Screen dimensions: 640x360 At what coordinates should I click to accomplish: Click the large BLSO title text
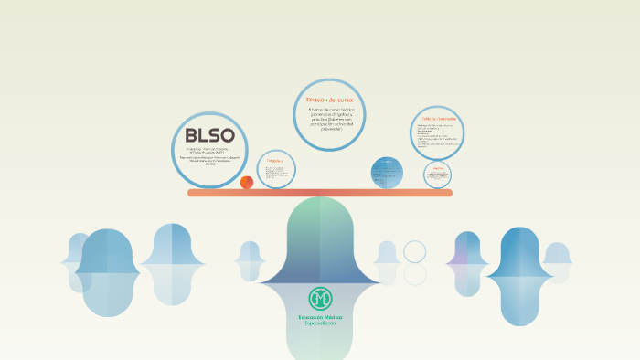[x=209, y=133]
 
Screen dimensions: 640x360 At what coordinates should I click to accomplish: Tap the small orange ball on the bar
[x=247, y=182]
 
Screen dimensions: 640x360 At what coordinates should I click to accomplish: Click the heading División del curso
[x=328, y=98]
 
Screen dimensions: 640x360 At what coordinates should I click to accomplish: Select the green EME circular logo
[x=319, y=298]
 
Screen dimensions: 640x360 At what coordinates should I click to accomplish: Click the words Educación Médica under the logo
[x=319, y=316]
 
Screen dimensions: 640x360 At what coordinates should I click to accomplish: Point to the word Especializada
[x=319, y=324]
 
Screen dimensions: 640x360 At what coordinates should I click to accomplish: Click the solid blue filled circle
[x=387, y=172]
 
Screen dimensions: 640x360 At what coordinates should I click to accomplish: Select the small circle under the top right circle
[x=438, y=174]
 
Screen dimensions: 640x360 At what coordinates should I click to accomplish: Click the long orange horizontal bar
[x=320, y=193]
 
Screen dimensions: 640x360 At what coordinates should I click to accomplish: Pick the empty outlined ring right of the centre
[x=415, y=251]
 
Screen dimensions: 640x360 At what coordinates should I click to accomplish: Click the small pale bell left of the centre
[x=250, y=259]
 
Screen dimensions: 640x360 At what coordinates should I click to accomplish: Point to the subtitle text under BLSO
[x=209, y=154]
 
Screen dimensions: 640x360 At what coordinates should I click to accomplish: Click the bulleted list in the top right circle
[x=436, y=135]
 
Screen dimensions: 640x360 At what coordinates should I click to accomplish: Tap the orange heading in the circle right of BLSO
[x=275, y=161]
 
